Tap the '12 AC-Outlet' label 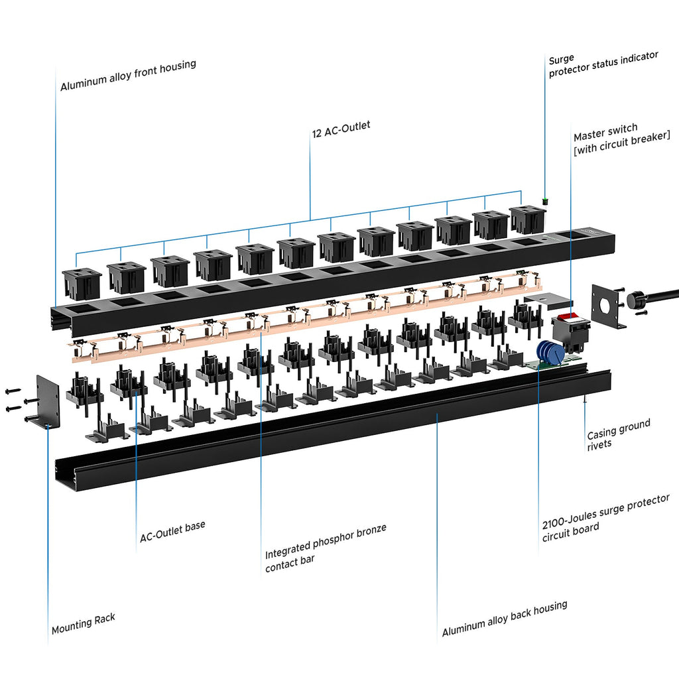[341, 128]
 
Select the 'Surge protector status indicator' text [603, 65]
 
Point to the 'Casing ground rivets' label [618, 433]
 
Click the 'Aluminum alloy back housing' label [504, 618]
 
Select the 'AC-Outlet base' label [172, 532]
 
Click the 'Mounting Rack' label [84, 623]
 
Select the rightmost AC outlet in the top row [528, 219]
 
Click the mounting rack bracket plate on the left [48, 401]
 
